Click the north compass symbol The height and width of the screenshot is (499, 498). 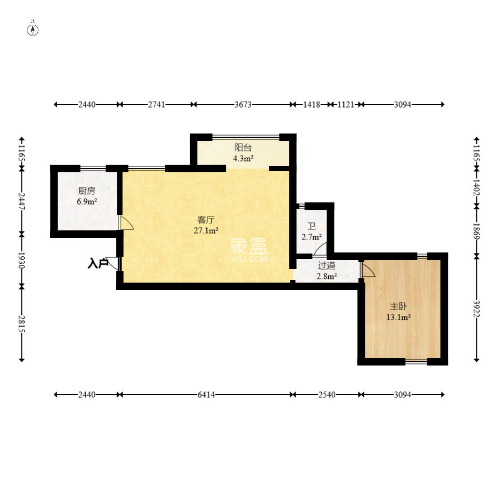click(33, 29)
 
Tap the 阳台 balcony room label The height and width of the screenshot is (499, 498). click(243, 147)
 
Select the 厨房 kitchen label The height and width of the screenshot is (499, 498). click(87, 191)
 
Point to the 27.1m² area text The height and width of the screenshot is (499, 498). click(206, 230)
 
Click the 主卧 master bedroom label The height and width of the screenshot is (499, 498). click(398, 306)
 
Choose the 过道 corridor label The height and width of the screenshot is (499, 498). click(327, 265)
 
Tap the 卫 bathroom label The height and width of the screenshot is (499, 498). click(312, 226)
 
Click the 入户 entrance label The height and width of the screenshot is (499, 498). click(98, 264)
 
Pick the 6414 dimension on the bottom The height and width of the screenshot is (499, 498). click(206, 395)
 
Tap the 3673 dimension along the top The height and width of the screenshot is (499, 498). click(243, 104)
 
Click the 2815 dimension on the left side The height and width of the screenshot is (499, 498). click(22, 324)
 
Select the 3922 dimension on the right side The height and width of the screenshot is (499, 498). click(476, 308)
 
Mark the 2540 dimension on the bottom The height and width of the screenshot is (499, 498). click(327, 395)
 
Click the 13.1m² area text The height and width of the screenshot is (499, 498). click(398, 317)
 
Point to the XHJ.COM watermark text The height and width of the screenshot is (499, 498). click(249, 259)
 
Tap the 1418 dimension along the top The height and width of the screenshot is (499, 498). click(312, 104)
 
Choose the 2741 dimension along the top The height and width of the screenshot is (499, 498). click(156, 104)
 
